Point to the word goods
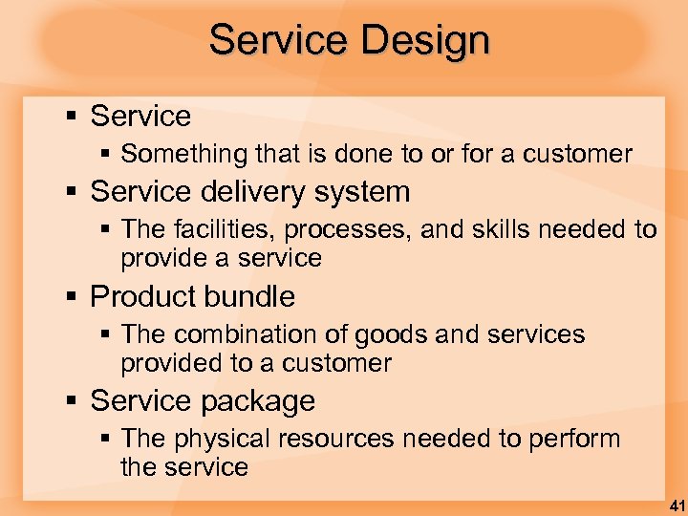click(x=392, y=335)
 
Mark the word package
click(x=258, y=401)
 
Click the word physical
click(x=221, y=440)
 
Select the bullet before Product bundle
click(x=71, y=296)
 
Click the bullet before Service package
click(x=71, y=400)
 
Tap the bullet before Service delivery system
click(x=71, y=192)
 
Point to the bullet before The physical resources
click(x=107, y=440)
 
